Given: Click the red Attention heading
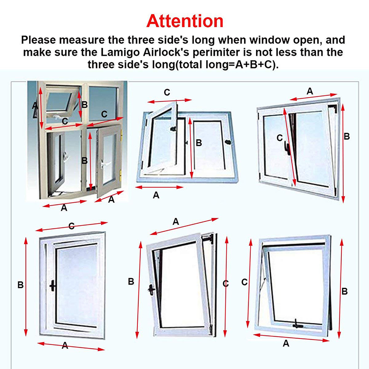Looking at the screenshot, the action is (185, 21).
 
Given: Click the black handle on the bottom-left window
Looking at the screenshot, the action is (53, 286).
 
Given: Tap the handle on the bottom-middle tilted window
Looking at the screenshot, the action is (151, 290).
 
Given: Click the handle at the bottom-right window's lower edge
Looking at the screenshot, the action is (298, 325).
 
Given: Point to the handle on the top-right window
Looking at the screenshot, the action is (287, 149).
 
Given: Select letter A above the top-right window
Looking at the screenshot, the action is (309, 91).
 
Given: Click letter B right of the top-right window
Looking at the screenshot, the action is (347, 136).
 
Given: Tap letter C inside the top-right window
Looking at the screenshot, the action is (280, 137).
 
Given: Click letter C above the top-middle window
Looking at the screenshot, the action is (167, 92).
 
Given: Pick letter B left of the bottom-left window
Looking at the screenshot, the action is (20, 285).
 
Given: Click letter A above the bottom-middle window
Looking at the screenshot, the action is (176, 222).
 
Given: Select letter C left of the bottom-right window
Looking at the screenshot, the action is (244, 282).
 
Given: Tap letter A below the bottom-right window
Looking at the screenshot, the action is (286, 343).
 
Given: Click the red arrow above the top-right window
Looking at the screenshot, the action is (314, 97).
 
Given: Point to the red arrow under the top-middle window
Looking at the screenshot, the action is (159, 187).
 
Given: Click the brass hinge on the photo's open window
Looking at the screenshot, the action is (121, 135).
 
